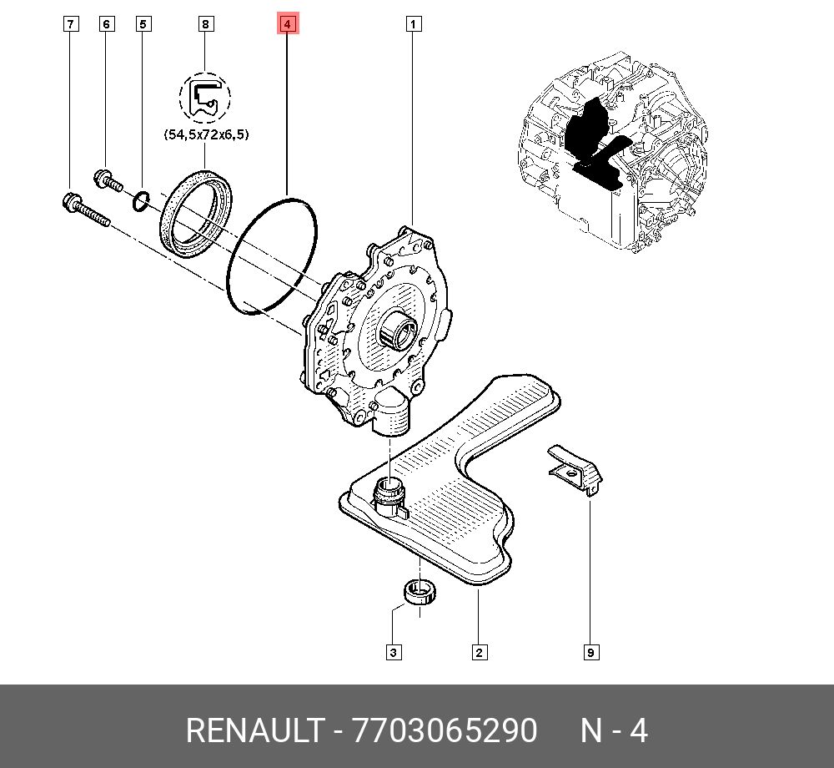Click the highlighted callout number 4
pyautogui.click(x=286, y=24)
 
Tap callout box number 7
pyautogui.click(x=71, y=24)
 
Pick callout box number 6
pyautogui.click(x=106, y=24)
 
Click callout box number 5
pyautogui.click(x=143, y=24)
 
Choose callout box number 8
pyautogui.click(x=205, y=24)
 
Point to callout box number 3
pyautogui.click(x=392, y=652)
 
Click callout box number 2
pyautogui.click(x=479, y=652)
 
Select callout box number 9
pyautogui.click(x=590, y=652)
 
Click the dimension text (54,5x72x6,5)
pyautogui.click(x=205, y=134)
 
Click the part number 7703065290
pyautogui.click(x=445, y=731)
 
